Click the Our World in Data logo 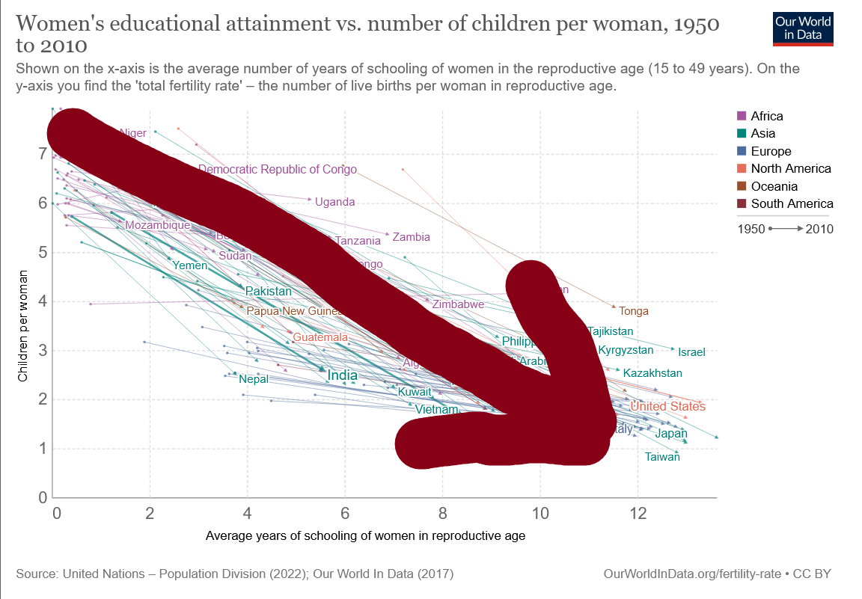803,28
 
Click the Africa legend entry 766,116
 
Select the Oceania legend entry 774,186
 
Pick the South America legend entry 792,203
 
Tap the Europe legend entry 771,151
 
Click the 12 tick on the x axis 638,514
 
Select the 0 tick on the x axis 56,514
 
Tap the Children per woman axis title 22,327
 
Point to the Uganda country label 334,202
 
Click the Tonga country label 633,311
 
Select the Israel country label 691,351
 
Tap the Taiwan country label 662,457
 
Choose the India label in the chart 342,375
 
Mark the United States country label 667,406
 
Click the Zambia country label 411,237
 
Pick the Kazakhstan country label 652,373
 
